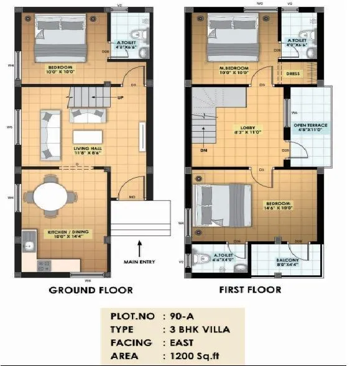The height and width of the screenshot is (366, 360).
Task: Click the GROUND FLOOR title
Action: pos(91,290)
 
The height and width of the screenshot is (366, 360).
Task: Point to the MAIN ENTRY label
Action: pos(142,262)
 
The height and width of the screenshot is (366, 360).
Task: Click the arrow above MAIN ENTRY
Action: pos(141,247)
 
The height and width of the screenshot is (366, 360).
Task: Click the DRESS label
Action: pos(293,73)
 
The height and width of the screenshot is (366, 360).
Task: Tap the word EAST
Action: pos(181,342)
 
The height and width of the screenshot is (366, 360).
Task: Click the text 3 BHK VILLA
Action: pos(198,329)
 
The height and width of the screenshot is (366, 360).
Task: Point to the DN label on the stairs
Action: pos(202,150)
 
